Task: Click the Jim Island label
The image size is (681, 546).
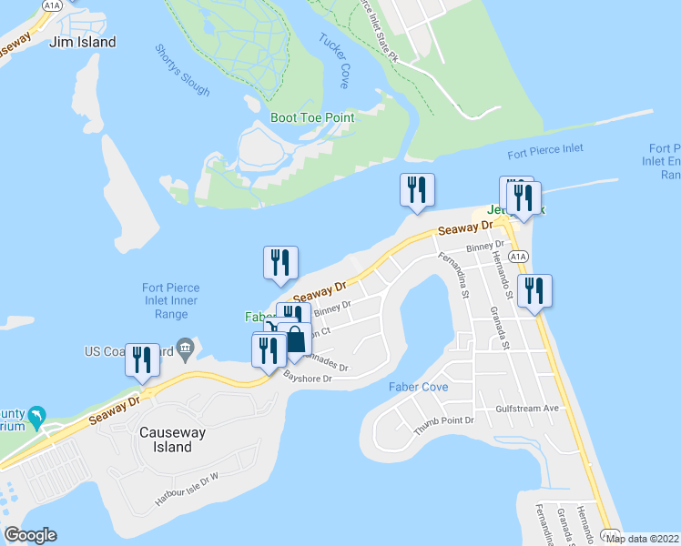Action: click(83, 42)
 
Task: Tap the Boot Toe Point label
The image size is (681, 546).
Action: click(312, 117)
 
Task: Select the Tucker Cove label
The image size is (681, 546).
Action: click(333, 55)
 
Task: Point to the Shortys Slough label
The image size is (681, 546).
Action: click(182, 70)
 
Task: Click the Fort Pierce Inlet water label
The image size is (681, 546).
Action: click(545, 149)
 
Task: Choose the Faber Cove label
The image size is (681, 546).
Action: click(418, 387)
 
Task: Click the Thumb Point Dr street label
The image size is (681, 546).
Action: click(444, 421)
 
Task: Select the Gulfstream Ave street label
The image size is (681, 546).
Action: click(527, 409)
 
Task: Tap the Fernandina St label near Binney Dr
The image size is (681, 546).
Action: click(452, 276)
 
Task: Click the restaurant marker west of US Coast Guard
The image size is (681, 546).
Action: click(143, 359)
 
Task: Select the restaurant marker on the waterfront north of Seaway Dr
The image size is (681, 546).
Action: click(417, 190)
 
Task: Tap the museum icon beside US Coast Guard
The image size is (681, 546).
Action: click(186, 347)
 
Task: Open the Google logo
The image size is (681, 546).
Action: click(30, 535)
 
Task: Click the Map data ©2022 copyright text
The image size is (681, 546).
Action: click(643, 538)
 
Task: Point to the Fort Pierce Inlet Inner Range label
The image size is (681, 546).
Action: click(170, 301)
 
